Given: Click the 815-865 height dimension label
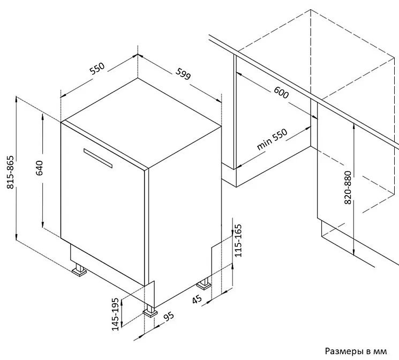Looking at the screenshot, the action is click(x=11, y=172).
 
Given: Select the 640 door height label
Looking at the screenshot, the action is click(x=40, y=168).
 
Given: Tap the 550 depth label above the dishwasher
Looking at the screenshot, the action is click(x=97, y=68).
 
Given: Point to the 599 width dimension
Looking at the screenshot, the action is click(x=183, y=73).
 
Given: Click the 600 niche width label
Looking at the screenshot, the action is click(x=281, y=93).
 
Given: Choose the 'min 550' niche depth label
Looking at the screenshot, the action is click(x=272, y=139).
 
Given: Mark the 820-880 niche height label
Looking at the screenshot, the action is click(x=348, y=187).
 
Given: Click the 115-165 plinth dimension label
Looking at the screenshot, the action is click(x=238, y=241).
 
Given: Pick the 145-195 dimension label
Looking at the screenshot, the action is click(x=115, y=314).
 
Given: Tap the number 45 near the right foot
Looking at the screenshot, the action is click(x=197, y=299).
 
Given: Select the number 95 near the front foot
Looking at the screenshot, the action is click(x=169, y=317).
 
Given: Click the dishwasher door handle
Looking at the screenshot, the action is click(x=98, y=158).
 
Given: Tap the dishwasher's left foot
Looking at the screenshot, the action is click(x=79, y=270).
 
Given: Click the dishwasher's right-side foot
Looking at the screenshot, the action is click(x=204, y=284).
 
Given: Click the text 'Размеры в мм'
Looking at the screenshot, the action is click(x=356, y=351).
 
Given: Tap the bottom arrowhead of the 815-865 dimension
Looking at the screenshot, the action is click(x=16, y=237).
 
